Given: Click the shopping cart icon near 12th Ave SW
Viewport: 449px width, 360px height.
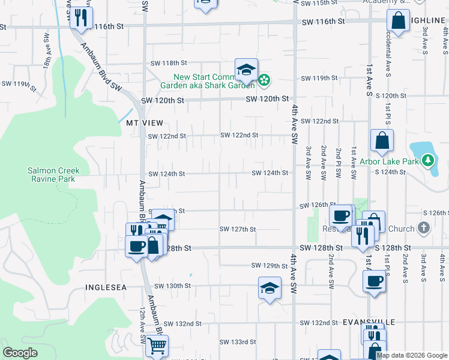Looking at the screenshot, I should point(157,346).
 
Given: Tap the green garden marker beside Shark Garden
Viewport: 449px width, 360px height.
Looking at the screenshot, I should point(264,80).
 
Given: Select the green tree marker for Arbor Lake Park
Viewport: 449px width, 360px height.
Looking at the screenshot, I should point(427,160).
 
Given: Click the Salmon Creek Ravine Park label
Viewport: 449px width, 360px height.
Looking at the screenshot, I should point(53,175).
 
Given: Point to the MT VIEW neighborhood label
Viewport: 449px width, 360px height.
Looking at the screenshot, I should point(144,122).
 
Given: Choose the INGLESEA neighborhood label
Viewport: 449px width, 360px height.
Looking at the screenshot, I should point(106,287).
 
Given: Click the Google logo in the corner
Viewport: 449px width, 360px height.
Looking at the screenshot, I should point(20,353).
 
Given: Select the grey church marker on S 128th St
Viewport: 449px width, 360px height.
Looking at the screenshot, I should point(424,228).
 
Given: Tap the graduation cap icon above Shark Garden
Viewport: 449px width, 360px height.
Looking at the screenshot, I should point(246,70).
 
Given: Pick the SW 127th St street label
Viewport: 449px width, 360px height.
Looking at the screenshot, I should point(238,229).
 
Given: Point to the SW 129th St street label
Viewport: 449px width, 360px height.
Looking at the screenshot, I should point(270,266).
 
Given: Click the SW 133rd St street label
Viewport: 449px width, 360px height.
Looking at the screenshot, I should point(238,342).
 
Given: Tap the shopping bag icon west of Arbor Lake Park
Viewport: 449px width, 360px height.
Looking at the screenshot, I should point(382,141).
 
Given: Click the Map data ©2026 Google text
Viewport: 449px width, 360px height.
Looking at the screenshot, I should point(412,355).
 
